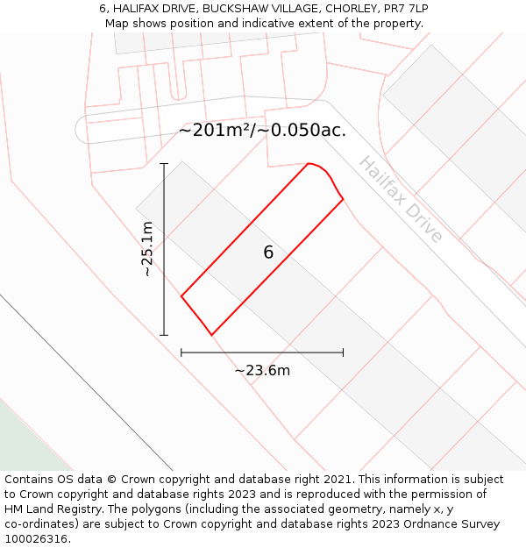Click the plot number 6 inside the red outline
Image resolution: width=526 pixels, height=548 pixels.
(x=268, y=253)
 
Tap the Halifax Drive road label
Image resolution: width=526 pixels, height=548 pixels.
(x=401, y=200)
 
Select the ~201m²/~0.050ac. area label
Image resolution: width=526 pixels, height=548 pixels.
(x=262, y=131)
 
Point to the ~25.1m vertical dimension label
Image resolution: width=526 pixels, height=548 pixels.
(x=147, y=248)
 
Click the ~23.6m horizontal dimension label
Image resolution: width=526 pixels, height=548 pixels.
(x=262, y=370)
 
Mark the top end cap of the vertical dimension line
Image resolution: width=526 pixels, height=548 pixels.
(x=164, y=163)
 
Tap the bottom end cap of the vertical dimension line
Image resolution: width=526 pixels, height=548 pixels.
(x=164, y=335)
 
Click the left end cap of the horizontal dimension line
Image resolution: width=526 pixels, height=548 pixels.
(x=181, y=352)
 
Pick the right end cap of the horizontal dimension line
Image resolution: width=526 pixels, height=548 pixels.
(x=343, y=352)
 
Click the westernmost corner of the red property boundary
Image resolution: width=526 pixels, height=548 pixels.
(x=181, y=296)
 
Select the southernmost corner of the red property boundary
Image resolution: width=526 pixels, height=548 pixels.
(x=211, y=335)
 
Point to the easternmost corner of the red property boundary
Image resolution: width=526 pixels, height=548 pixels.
(x=343, y=198)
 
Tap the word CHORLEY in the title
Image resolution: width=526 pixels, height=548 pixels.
(x=352, y=8)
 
